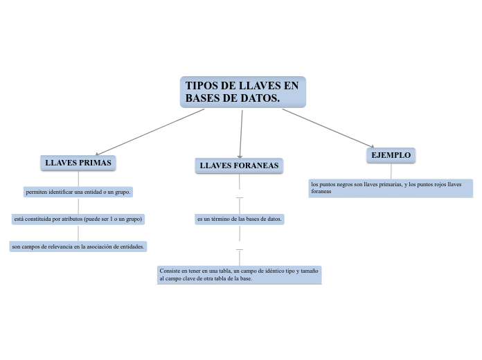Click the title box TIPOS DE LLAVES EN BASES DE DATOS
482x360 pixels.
coord(243,92)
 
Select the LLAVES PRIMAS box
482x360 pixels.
coord(78,163)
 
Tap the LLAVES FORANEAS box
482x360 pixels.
coord(239,165)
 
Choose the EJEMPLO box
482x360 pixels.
coord(391,155)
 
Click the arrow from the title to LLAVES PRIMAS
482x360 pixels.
coord(150,132)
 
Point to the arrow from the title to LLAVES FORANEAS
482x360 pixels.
coord(241,134)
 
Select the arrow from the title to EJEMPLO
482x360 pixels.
coord(328,128)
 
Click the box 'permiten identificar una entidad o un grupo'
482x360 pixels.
coord(78,192)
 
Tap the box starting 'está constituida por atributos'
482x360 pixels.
coord(78,219)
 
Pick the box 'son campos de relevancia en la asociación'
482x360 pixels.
coord(78,246)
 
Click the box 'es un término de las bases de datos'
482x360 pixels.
coord(240,219)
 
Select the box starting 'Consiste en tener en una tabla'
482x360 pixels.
coord(240,275)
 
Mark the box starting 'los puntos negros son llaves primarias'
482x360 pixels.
coord(391,188)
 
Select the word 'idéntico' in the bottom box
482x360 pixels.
coord(274,271)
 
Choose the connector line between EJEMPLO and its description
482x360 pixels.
coord(391,171)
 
